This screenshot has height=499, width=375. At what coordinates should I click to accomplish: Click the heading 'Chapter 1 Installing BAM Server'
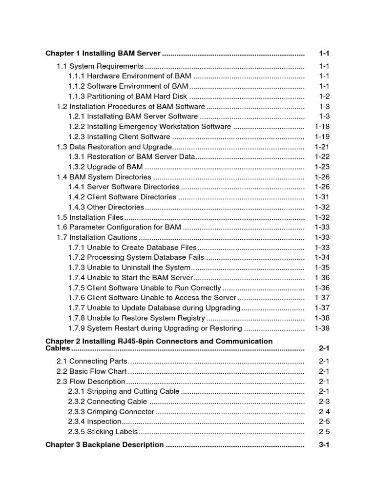tap(103, 53)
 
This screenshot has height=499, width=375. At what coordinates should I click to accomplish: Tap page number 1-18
tap(322, 127)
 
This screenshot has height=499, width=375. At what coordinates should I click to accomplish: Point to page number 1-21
tap(322, 147)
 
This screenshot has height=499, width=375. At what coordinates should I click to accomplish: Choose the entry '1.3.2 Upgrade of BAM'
tap(105, 167)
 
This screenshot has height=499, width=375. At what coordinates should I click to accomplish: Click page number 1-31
tap(322, 197)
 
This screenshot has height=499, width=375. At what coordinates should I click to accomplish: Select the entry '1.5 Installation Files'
tap(90, 217)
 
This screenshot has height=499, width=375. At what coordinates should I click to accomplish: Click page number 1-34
tap(322, 257)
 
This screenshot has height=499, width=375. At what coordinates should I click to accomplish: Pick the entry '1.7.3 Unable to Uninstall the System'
tap(129, 268)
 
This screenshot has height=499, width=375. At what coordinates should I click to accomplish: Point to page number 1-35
tap(322, 268)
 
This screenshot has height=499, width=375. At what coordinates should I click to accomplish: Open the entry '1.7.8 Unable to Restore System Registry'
tap(136, 318)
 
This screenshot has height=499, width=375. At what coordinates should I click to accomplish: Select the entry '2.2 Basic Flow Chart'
tap(92, 371)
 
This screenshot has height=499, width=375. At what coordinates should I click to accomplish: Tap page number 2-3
tap(324, 402)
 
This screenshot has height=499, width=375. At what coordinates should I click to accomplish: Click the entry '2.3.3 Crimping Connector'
tap(111, 412)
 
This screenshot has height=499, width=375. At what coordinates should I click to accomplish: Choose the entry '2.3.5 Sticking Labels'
tap(104, 432)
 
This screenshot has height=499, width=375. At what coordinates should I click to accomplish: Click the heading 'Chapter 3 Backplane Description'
tap(104, 444)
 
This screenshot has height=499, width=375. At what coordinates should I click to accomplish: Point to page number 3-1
tap(324, 444)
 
